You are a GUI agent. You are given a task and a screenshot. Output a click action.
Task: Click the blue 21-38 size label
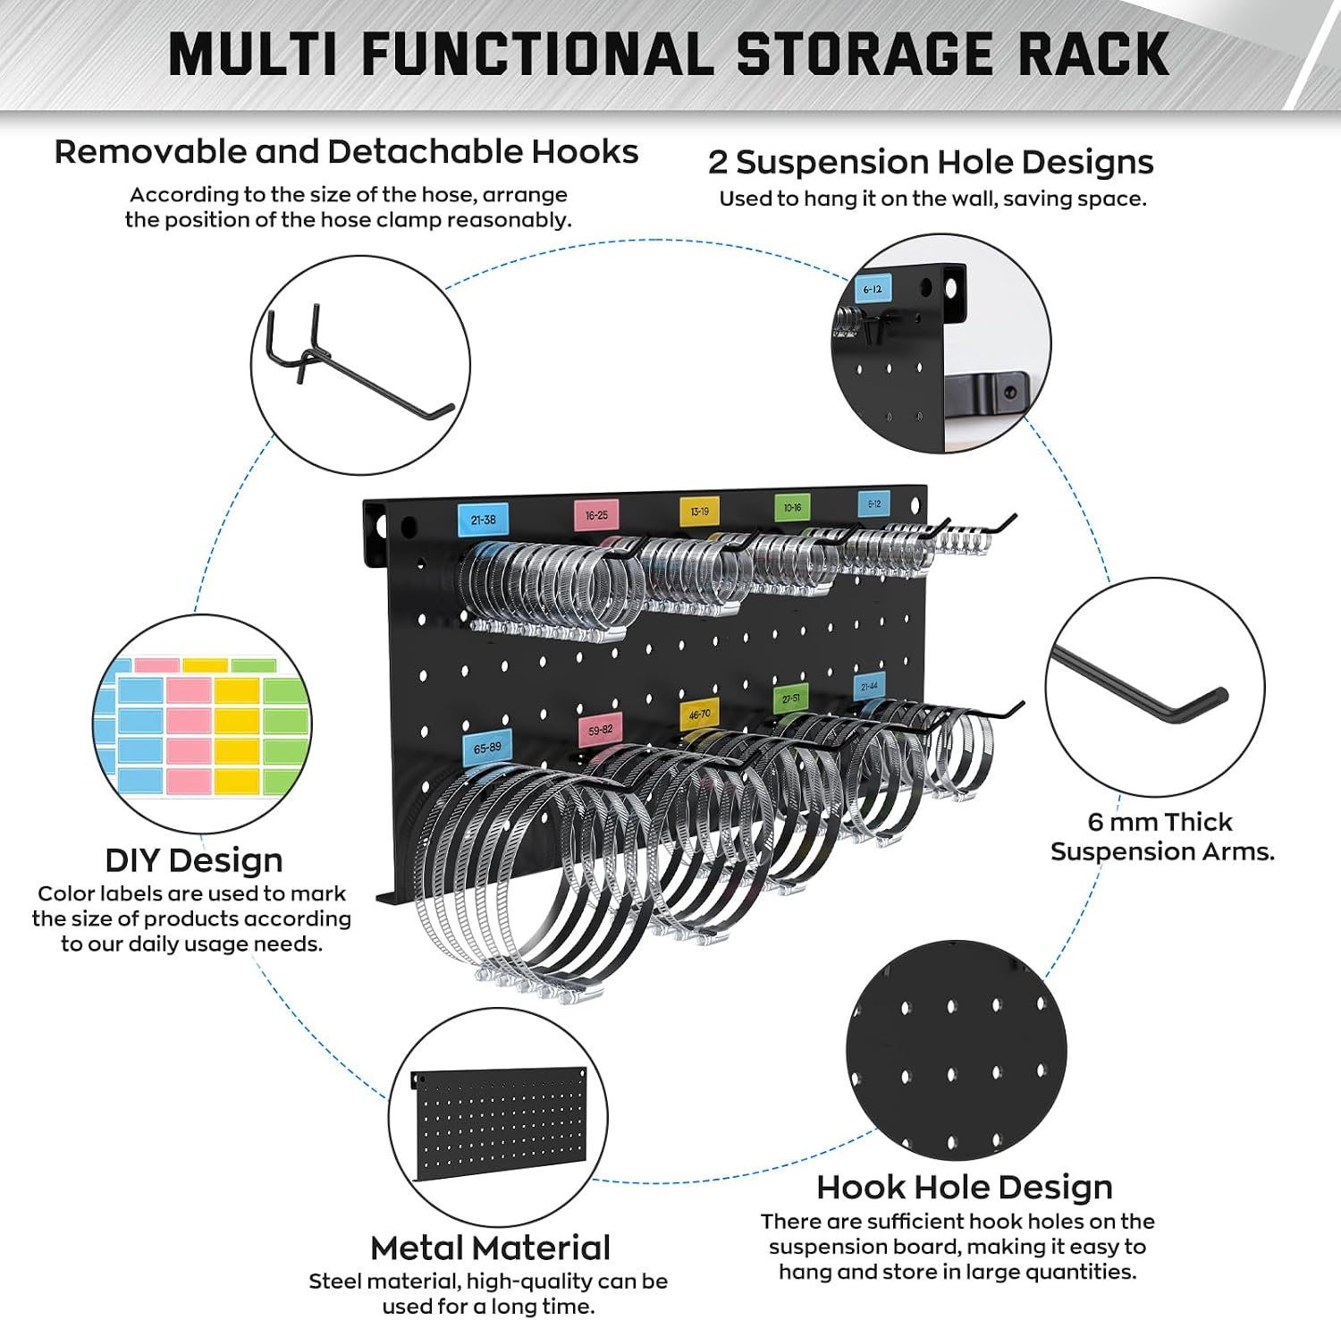[483, 520]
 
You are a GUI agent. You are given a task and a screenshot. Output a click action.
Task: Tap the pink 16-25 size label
[596, 515]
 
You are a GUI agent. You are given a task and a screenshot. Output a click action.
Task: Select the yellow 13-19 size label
[700, 512]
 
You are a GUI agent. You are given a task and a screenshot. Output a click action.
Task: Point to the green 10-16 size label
[792, 508]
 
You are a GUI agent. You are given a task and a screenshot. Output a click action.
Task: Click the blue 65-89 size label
[487, 749]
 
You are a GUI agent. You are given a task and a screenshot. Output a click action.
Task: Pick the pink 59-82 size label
[601, 731]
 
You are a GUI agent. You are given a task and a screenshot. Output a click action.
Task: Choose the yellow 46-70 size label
[700, 715]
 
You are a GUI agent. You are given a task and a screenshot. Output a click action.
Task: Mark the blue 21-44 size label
[869, 687]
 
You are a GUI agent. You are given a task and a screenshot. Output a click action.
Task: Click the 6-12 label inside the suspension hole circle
[873, 289]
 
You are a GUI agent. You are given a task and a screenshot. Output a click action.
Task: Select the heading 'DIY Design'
[194, 860]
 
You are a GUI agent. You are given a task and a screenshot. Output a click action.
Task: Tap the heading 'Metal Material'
[491, 1248]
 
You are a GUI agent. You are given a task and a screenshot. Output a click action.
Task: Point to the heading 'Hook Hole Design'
[965, 1188]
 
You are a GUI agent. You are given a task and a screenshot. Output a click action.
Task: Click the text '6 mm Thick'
[1160, 822]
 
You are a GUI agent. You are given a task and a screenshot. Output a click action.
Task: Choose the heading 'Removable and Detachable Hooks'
[347, 152]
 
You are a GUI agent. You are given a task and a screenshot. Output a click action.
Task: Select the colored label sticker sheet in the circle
[203, 726]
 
